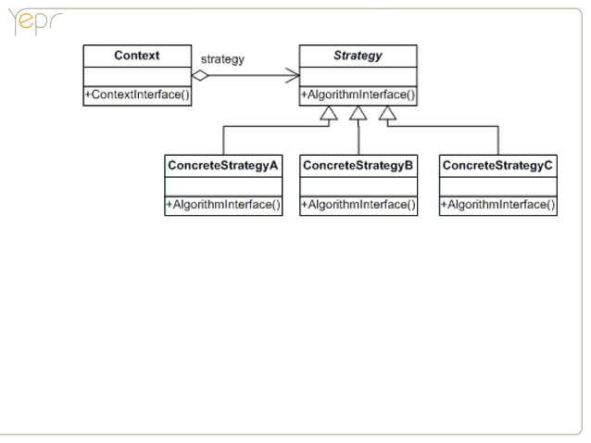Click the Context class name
[x=137, y=56]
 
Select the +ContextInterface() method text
[x=137, y=95]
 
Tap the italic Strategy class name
[x=358, y=56]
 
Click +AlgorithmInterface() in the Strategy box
[x=358, y=95]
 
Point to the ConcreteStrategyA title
[x=223, y=165]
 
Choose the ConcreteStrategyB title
[x=358, y=165]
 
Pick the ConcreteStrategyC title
[x=497, y=165]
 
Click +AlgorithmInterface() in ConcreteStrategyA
[x=223, y=205]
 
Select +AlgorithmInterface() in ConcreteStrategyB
[x=358, y=205]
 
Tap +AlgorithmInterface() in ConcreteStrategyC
[x=497, y=205]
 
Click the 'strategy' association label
[x=222, y=59]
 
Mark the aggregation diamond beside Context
[x=201, y=76]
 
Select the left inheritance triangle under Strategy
[x=327, y=113]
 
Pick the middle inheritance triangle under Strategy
[x=358, y=113]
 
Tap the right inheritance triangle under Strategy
[x=388, y=113]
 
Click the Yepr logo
[x=32, y=22]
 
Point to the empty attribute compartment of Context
[x=137, y=76]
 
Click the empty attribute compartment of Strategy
[x=358, y=76]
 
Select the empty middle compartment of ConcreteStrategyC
[x=497, y=185]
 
